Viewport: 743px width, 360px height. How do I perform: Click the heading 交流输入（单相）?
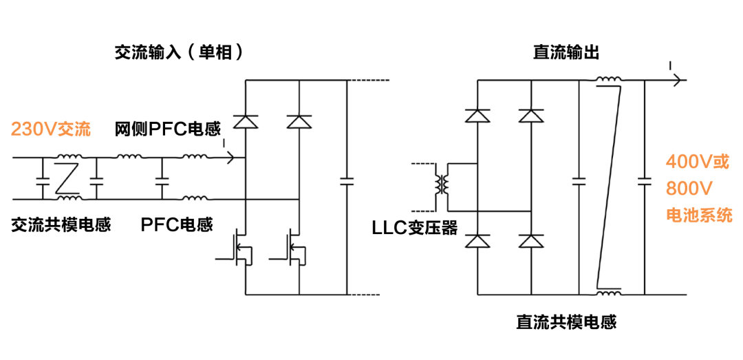(178, 52)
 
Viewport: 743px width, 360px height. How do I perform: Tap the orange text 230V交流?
(51, 129)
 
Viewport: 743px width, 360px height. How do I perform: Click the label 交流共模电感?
(61, 225)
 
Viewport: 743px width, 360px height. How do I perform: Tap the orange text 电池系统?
(699, 215)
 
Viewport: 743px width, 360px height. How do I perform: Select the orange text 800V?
(689, 189)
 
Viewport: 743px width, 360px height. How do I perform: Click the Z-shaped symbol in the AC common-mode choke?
(67, 178)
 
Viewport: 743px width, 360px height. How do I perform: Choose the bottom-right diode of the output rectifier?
(530, 240)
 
